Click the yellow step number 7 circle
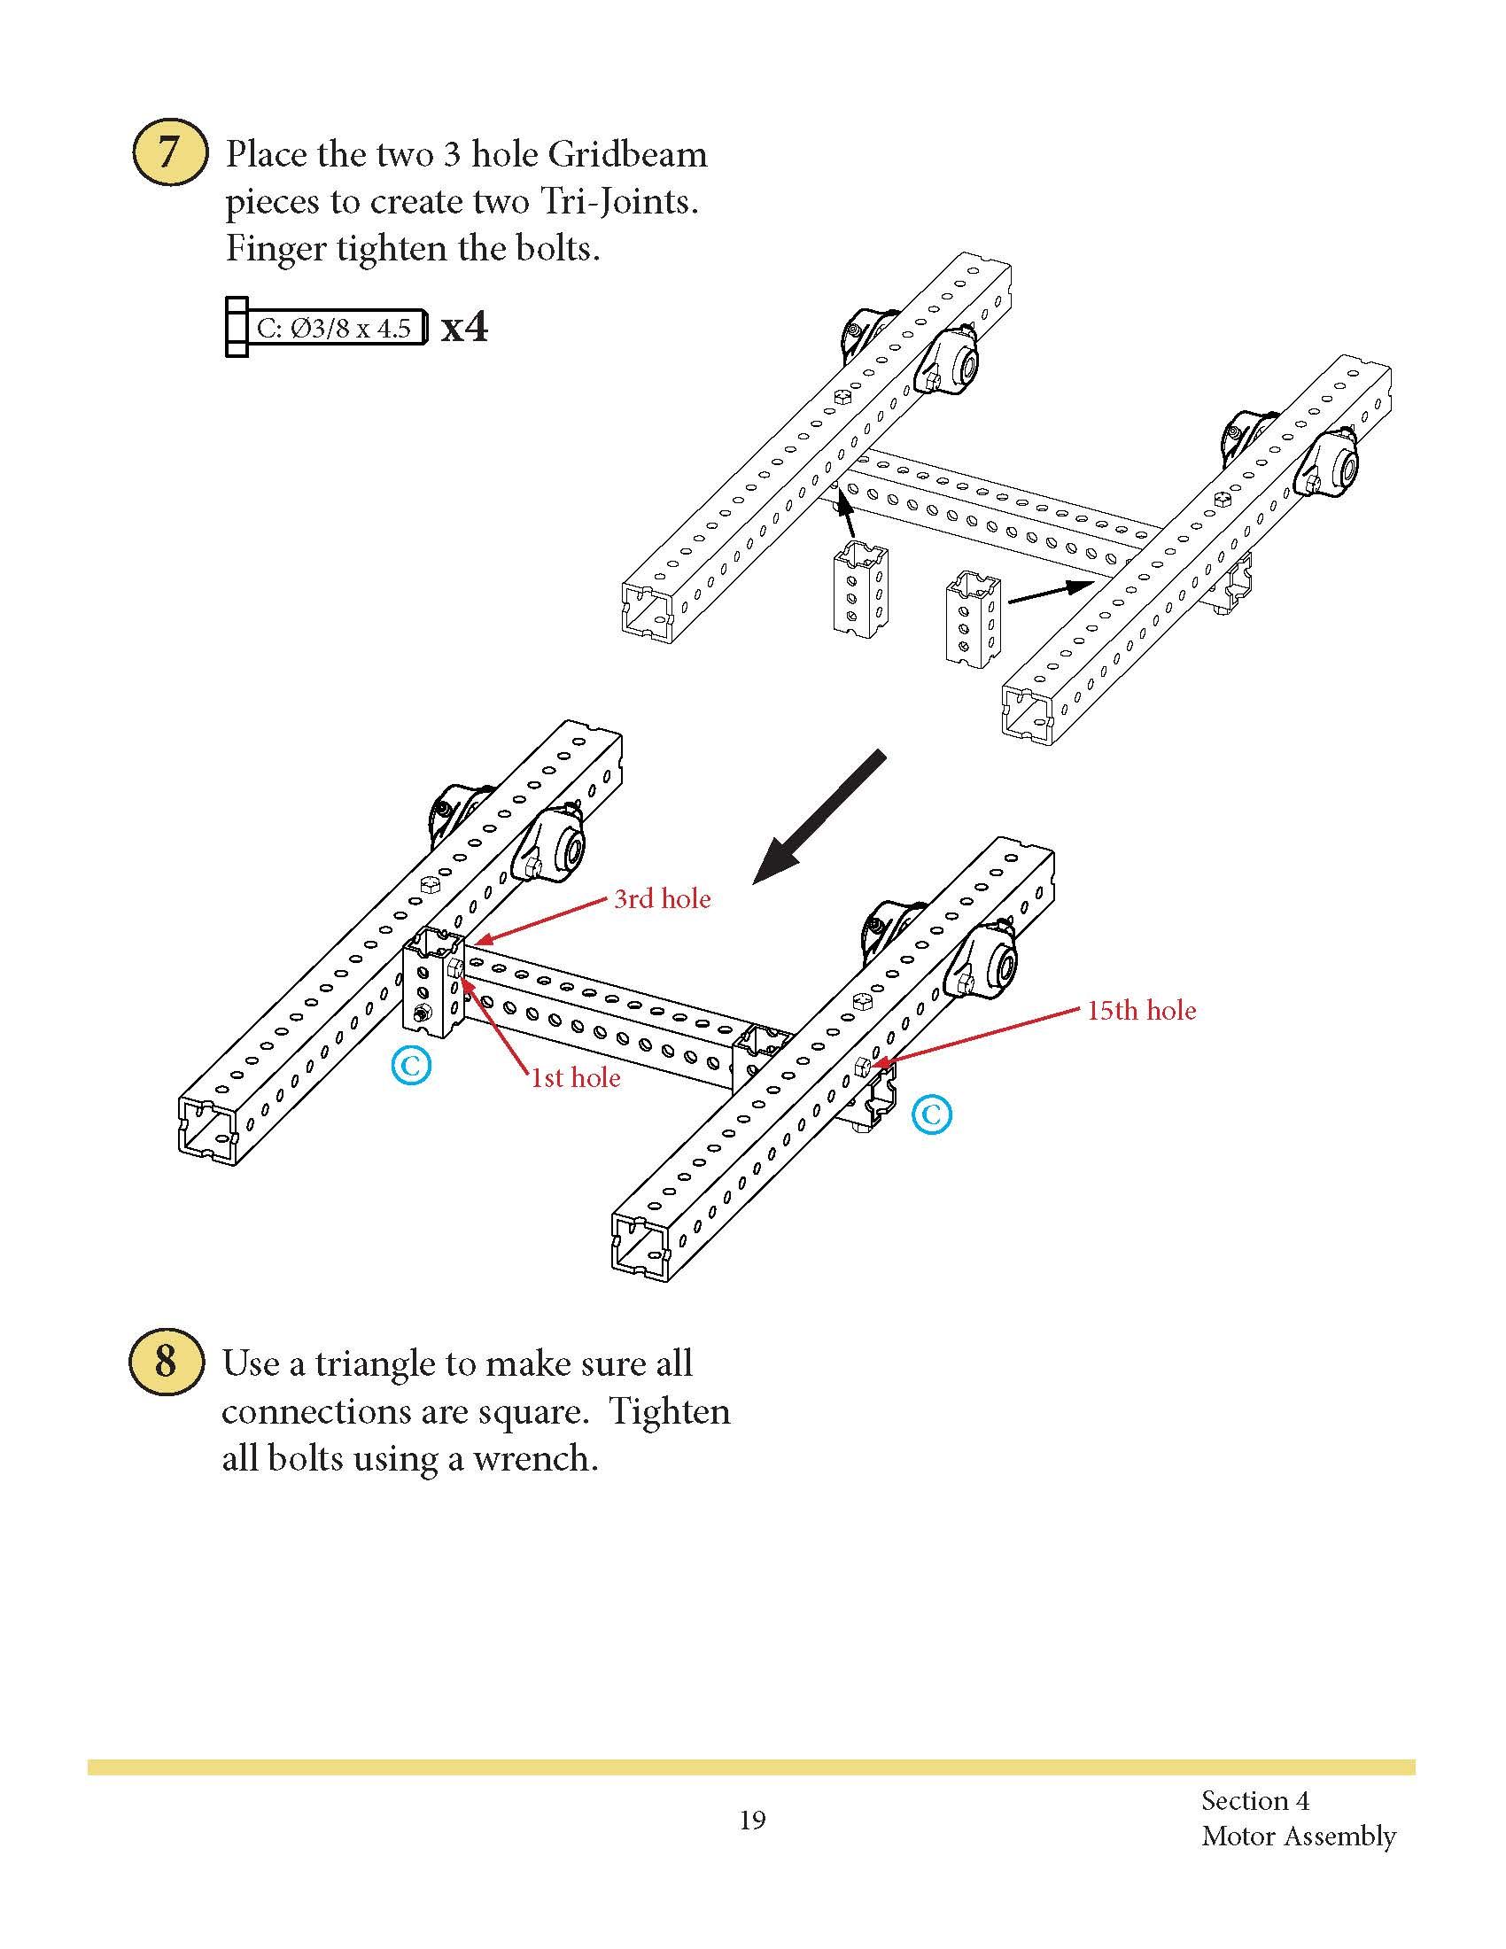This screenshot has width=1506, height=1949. pyautogui.click(x=169, y=152)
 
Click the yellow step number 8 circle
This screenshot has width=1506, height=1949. pyautogui.click(x=166, y=1362)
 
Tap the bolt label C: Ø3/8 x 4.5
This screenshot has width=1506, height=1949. pyautogui.click(x=333, y=329)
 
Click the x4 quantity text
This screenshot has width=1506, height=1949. pyautogui.click(x=465, y=328)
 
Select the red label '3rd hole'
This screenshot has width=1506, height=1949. pyautogui.click(x=661, y=897)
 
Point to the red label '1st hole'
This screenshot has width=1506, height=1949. pyautogui.click(x=576, y=1077)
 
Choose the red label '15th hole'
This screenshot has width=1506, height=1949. pyautogui.click(x=1141, y=1010)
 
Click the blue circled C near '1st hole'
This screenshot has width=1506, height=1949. pyautogui.click(x=411, y=1066)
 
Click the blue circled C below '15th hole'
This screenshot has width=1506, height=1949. pyautogui.click(x=931, y=1114)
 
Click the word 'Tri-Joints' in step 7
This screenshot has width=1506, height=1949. pyautogui.click(x=618, y=202)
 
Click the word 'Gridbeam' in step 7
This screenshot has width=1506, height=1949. pyautogui.click(x=627, y=154)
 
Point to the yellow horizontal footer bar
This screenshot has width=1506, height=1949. pyautogui.click(x=751, y=1766)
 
